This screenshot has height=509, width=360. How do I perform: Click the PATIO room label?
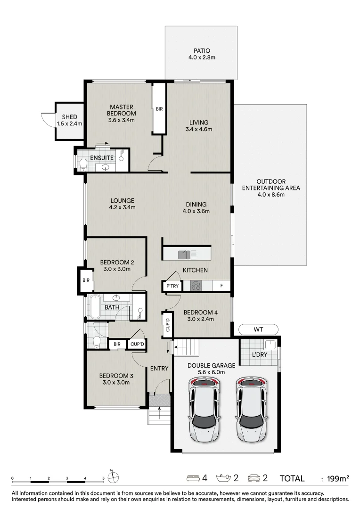pyautogui.click(x=202, y=50)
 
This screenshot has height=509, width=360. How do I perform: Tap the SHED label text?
pyautogui.click(x=69, y=117)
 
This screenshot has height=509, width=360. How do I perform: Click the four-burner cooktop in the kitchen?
pyautogui.click(x=196, y=286)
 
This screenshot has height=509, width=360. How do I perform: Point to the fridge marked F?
pyautogui.click(x=221, y=286)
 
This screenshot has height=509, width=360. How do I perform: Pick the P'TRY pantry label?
pyautogui.click(x=172, y=286)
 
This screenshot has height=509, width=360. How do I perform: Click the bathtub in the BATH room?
pyautogui.click(x=95, y=307)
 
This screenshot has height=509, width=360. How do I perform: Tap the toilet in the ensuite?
pyautogui.click(x=83, y=164)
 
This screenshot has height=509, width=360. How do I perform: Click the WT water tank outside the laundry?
pyautogui.click(x=258, y=329)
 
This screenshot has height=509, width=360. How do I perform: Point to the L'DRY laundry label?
pyautogui.click(x=260, y=354)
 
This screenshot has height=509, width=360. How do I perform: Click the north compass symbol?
pyautogui.click(x=113, y=477)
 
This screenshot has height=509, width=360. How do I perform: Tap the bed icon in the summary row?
pyautogui.click(x=193, y=478)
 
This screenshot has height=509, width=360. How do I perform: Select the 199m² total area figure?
pyautogui.click(x=338, y=478)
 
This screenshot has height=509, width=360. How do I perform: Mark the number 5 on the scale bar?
pyautogui.click(x=103, y=478)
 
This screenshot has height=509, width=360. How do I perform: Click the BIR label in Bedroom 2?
pyautogui.click(x=86, y=280)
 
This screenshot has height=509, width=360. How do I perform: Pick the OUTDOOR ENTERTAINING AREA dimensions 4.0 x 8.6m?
pyautogui.click(x=271, y=195)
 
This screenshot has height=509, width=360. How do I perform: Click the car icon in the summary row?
pyautogui.click(x=254, y=478)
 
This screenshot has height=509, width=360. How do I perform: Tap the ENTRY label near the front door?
pyautogui.click(x=159, y=369)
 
